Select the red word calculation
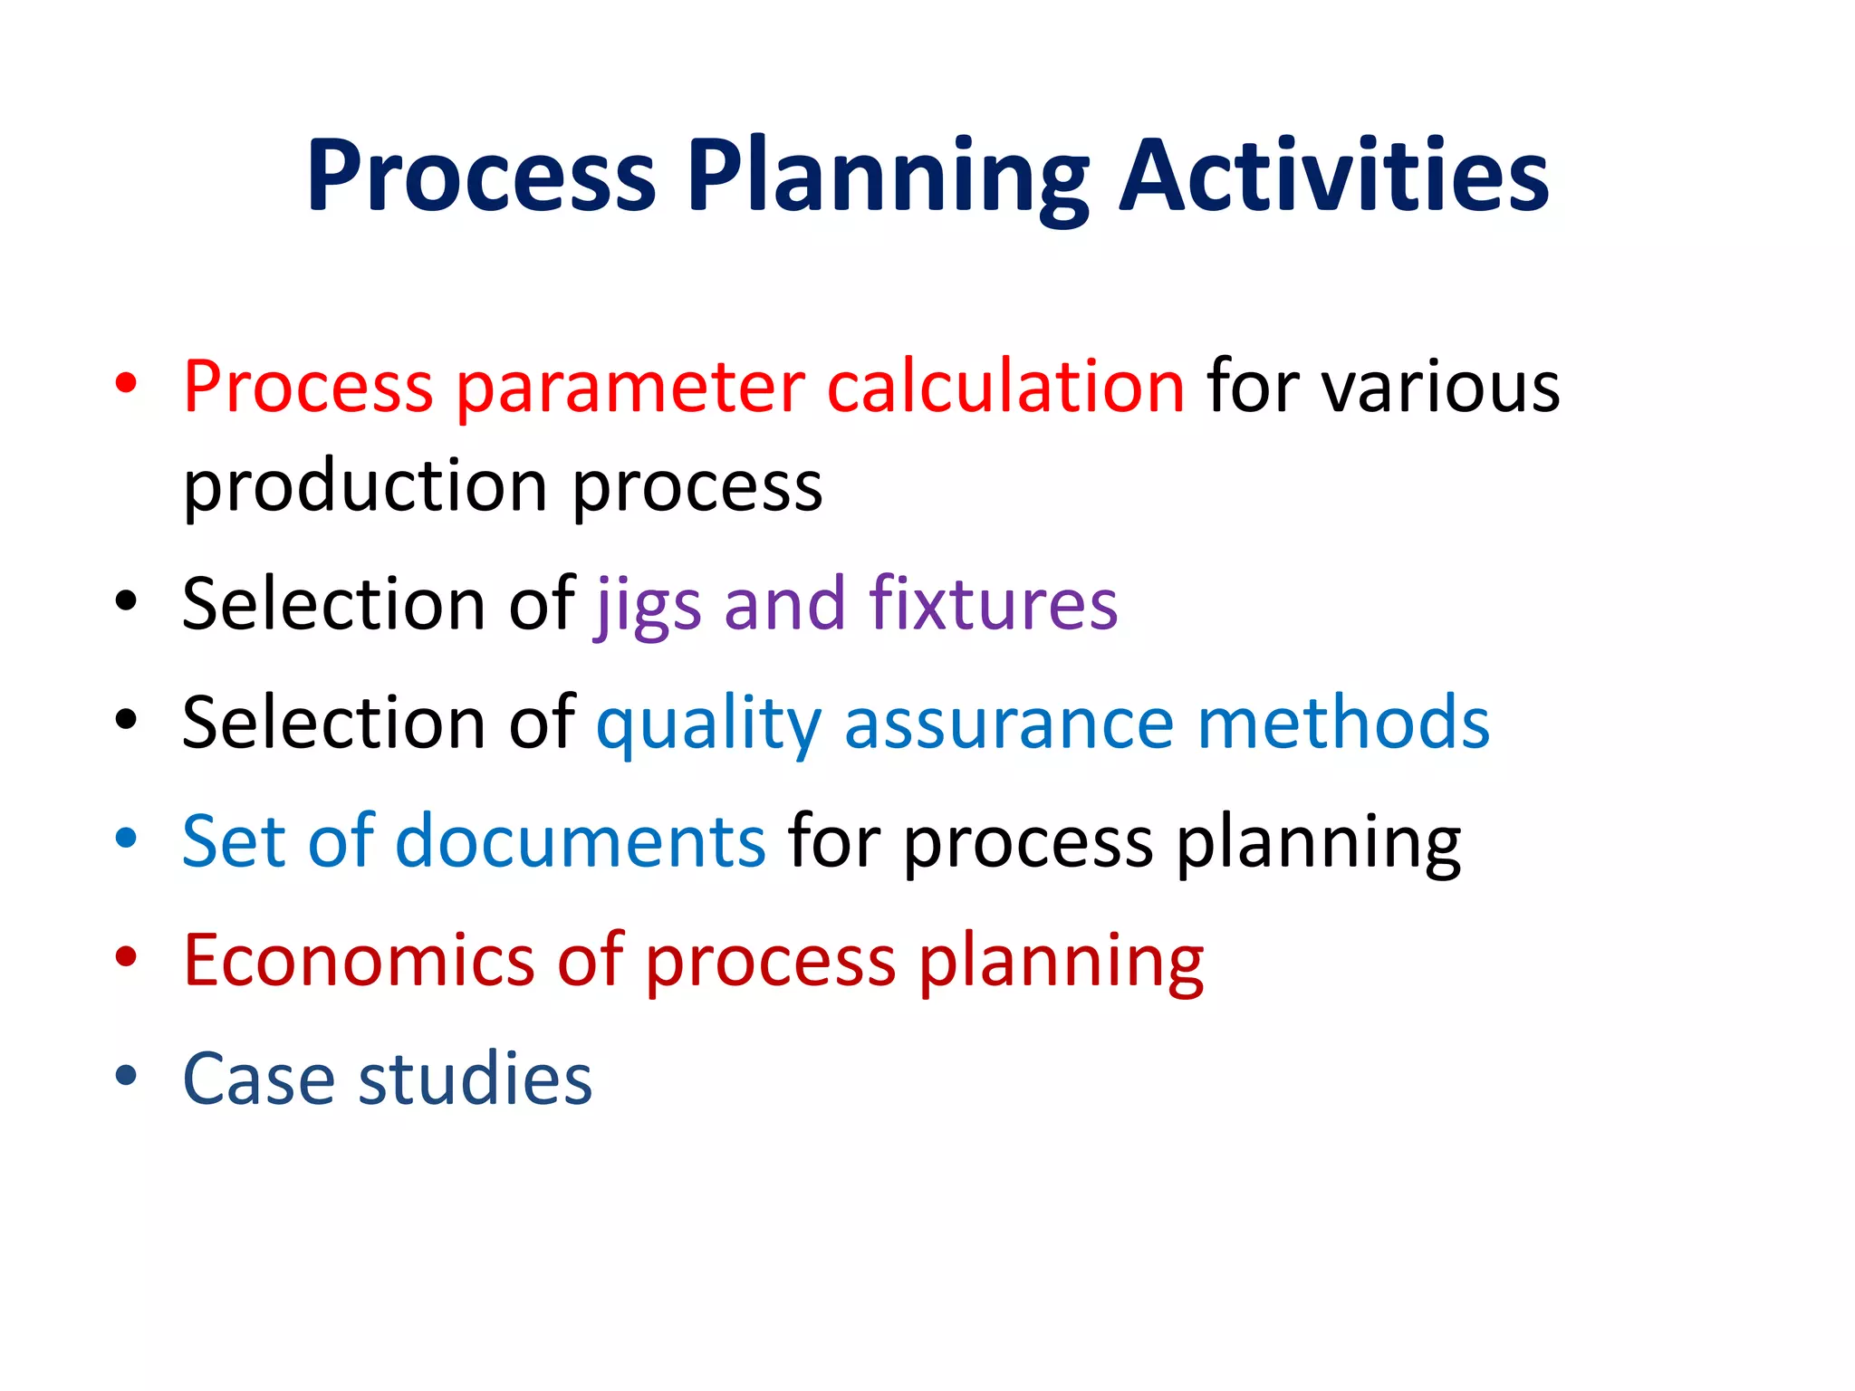coord(1005,388)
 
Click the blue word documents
coord(581,841)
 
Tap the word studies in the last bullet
coord(476,1079)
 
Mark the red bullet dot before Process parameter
coord(126,383)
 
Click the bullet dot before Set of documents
coord(126,838)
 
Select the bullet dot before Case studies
coord(126,1075)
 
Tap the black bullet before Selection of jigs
coord(126,600)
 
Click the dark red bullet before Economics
coord(126,956)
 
